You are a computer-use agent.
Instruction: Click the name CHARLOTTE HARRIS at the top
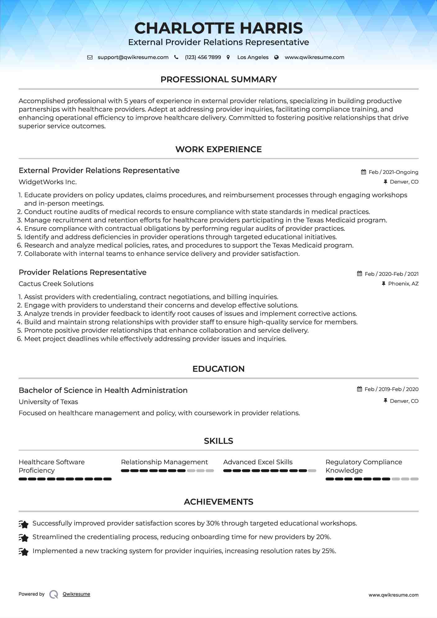[x=218, y=28]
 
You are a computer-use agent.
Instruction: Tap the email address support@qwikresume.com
[x=133, y=57]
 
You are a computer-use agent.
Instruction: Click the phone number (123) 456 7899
[x=203, y=57]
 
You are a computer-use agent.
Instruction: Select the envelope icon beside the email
[x=90, y=57]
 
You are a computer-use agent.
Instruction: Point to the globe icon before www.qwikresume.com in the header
[x=276, y=57]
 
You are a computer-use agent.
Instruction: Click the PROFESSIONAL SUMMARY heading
[x=218, y=80]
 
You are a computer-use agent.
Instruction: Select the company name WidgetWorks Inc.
[x=48, y=182]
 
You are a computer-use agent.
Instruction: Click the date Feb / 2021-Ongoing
[x=393, y=172]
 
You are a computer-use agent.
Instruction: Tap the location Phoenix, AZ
[x=403, y=284]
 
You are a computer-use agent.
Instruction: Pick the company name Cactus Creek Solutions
[x=56, y=284]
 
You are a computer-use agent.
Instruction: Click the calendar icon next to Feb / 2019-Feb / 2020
[x=360, y=389]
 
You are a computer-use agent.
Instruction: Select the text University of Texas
[x=48, y=402]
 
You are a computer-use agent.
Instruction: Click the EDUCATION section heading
[x=218, y=369]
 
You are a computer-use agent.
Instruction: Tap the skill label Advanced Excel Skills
[x=258, y=462]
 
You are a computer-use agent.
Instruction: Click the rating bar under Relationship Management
[x=167, y=471]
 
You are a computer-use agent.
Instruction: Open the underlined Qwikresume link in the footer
[x=76, y=594]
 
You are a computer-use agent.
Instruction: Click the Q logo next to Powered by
[x=54, y=594]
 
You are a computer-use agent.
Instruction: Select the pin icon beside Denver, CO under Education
[x=385, y=401]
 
